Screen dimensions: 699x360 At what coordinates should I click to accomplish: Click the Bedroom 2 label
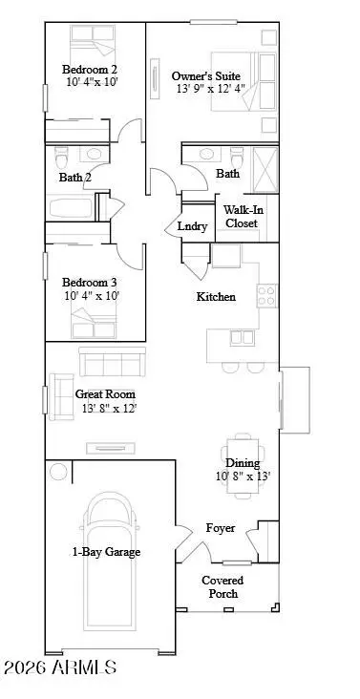pyautogui.click(x=91, y=69)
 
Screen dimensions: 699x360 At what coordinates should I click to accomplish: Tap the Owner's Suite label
pyautogui.click(x=205, y=75)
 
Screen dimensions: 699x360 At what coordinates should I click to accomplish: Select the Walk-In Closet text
pyautogui.click(x=244, y=217)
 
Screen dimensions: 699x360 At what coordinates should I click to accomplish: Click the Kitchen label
pyautogui.click(x=216, y=297)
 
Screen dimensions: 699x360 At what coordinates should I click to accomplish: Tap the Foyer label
pyautogui.click(x=221, y=528)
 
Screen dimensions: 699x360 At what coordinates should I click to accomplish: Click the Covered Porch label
pyautogui.click(x=222, y=586)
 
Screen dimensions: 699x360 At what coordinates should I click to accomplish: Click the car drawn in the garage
pyautogui.click(x=114, y=563)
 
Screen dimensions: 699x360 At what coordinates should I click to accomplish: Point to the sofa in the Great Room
pyautogui.click(x=112, y=362)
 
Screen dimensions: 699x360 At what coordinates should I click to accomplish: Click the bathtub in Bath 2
pyautogui.click(x=71, y=209)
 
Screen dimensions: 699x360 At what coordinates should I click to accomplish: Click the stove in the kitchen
pyautogui.click(x=266, y=293)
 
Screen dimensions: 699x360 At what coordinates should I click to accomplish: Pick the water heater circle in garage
pyautogui.click(x=59, y=472)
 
